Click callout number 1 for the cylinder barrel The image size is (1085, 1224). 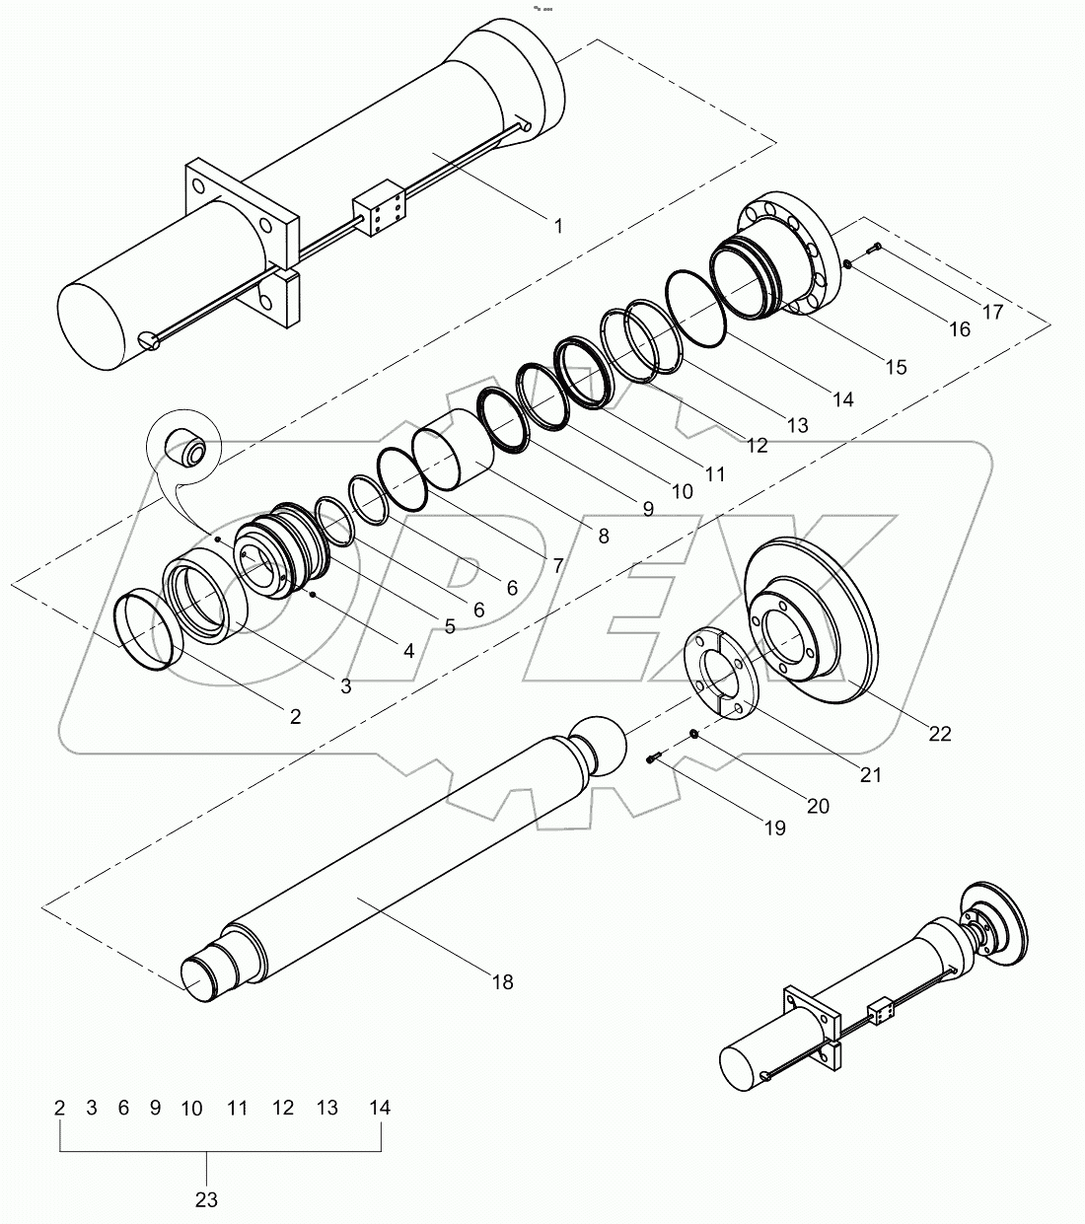(557, 226)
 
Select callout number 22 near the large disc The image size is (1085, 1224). (940, 733)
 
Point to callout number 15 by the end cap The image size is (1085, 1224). (895, 367)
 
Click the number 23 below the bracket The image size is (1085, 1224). (206, 1199)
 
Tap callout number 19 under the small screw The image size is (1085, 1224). (774, 828)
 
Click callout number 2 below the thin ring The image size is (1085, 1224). (295, 716)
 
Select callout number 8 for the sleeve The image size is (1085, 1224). (603, 537)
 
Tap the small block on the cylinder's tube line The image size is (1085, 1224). (379, 209)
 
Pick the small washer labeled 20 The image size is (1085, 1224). (694, 733)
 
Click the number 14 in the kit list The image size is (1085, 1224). (380, 1108)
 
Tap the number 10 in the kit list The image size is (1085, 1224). (191, 1108)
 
